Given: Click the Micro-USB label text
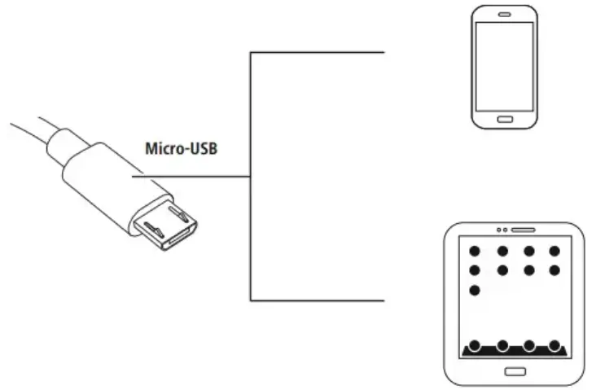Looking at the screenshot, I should pyautogui.click(x=181, y=149).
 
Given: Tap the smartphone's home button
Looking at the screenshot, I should pyautogui.click(x=505, y=118).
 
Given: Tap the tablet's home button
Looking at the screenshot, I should pyautogui.click(x=515, y=371).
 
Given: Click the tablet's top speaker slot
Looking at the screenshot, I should pyautogui.click(x=523, y=229).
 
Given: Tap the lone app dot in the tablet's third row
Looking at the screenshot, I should pyautogui.click(x=475, y=290).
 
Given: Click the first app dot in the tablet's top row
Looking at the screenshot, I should pyautogui.click(x=475, y=251).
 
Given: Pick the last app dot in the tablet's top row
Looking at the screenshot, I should pyautogui.click(x=554, y=251).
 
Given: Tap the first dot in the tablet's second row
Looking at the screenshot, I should pyautogui.click(x=475, y=270).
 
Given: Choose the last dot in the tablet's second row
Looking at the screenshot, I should pyautogui.click(x=554, y=270).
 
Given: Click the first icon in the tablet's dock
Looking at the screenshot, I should pyautogui.click(x=475, y=345).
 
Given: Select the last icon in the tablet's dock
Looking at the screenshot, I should pyautogui.click(x=554, y=345).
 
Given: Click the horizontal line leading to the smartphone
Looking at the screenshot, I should pyautogui.click(x=318, y=52).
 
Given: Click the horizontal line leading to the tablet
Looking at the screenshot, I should pyautogui.click(x=318, y=300).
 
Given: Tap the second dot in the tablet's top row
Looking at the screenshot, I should pyautogui.click(x=502, y=251).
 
